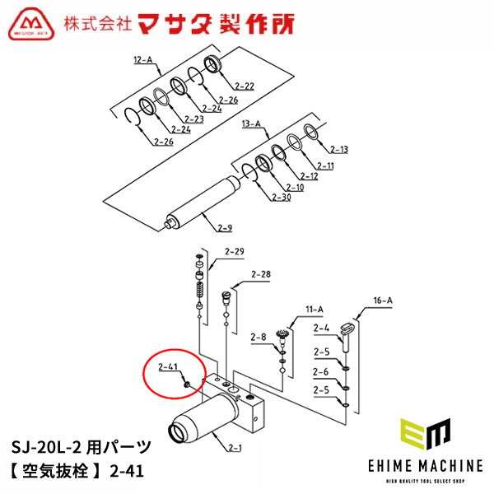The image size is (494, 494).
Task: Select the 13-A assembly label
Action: tap(251, 123)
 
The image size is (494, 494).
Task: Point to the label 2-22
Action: tap(245, 86)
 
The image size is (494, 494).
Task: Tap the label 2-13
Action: tap(339, 149)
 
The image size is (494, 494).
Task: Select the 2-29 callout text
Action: tap(235, 251)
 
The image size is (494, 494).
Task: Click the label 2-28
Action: tap(260, 274)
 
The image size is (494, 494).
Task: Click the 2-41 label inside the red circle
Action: tap(168, 366)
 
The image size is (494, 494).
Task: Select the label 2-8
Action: tap(258, 337)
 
